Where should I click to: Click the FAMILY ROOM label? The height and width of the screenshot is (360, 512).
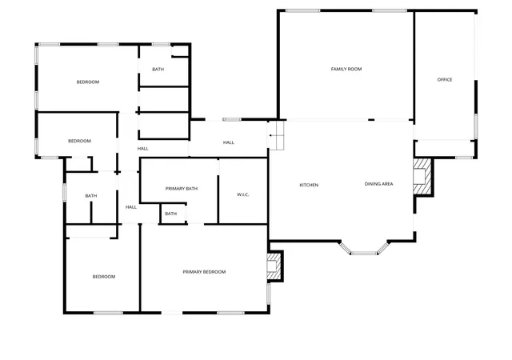[x=346, y=69]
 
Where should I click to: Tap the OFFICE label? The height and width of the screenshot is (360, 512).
[x=445, y=79]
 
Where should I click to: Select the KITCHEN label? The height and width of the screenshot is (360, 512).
[x=309, y=185]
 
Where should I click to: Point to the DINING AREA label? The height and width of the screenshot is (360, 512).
[x=378, y=184]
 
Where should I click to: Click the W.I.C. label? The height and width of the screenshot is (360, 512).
[x=243, y=194]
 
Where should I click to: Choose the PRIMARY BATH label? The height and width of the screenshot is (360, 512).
[x=182, y=189]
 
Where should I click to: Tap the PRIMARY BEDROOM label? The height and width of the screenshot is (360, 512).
[x=204, y=272]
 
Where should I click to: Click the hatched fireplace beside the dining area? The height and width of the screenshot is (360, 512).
[x=423, y=177]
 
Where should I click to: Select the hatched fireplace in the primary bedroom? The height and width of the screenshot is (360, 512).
[x=274, y=266]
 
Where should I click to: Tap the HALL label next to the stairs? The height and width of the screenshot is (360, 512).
[x=229, y=142]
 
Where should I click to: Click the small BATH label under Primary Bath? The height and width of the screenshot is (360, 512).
[x=170, y=214]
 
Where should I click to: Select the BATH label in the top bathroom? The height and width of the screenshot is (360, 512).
[x=158, y=70]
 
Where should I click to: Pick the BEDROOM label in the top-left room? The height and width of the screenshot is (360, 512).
[x=88, y=82]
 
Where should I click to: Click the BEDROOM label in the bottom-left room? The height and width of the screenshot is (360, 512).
[x=104, y=277]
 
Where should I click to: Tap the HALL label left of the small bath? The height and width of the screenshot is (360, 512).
[x=131, y=207]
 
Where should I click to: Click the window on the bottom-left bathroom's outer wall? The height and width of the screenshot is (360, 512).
[x=64, y=193]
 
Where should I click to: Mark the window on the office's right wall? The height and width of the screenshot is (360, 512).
[x=476, y=126]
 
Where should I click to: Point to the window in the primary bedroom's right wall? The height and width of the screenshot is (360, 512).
[x=269, y=294]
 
